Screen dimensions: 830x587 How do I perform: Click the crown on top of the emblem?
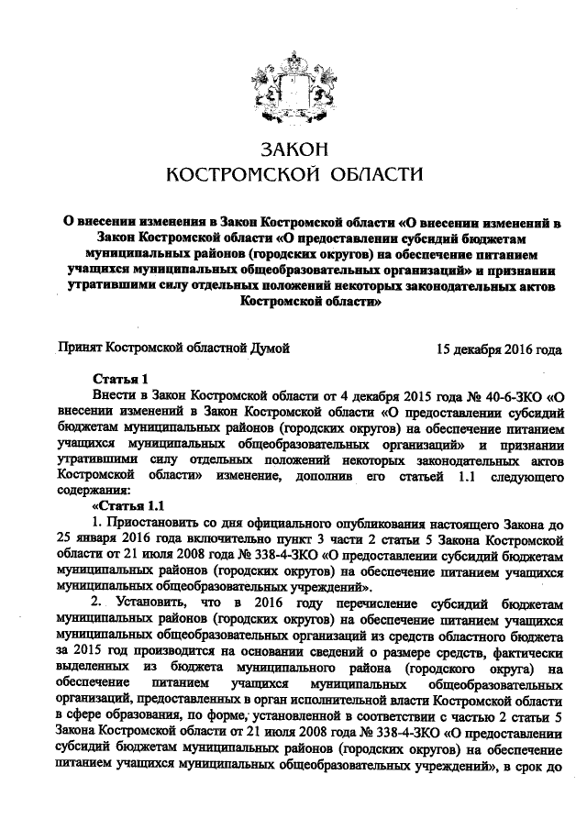(x=293, y=25)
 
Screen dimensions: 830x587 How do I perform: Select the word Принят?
(x=80, y=349)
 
